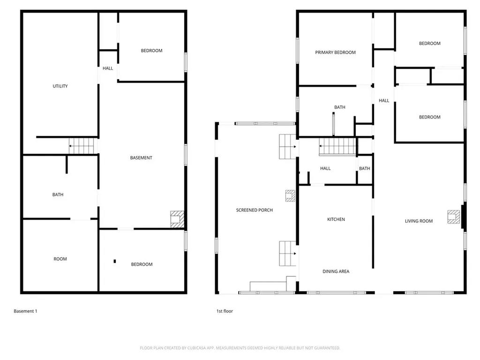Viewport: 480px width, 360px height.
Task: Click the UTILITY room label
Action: (x=60, y=86)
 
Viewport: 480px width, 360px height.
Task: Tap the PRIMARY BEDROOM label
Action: (x=335, y=52)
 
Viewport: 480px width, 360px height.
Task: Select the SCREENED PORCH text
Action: (x=254, y=210)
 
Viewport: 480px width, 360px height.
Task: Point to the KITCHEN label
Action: (x=336, y=219)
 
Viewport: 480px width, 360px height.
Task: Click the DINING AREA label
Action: (x=336, y=271)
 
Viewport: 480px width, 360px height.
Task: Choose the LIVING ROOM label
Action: (x=419, y=221)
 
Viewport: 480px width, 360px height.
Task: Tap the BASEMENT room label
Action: (x=141, y=158)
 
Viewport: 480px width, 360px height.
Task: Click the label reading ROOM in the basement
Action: (x=60, y=259)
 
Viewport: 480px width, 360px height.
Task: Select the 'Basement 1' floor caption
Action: (x=25, y=311)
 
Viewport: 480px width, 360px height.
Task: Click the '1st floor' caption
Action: (x=224, y=311)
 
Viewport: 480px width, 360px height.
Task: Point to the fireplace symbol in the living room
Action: (x=453, y=216)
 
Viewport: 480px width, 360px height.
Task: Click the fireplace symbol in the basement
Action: (x=177, y=219)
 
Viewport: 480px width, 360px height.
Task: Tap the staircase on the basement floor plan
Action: (x=82, y=146)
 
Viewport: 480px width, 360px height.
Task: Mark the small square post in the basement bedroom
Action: (x=114, y=261)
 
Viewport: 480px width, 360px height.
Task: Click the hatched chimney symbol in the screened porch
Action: (x=290, y=195)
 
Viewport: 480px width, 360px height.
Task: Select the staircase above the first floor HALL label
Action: (x=337, y=146)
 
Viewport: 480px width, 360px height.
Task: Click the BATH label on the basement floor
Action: (x=58, y=195)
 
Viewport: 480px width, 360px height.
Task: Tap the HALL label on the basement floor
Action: (x=108, y=68)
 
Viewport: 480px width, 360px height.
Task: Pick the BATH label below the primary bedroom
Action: (x=340, y=107)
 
